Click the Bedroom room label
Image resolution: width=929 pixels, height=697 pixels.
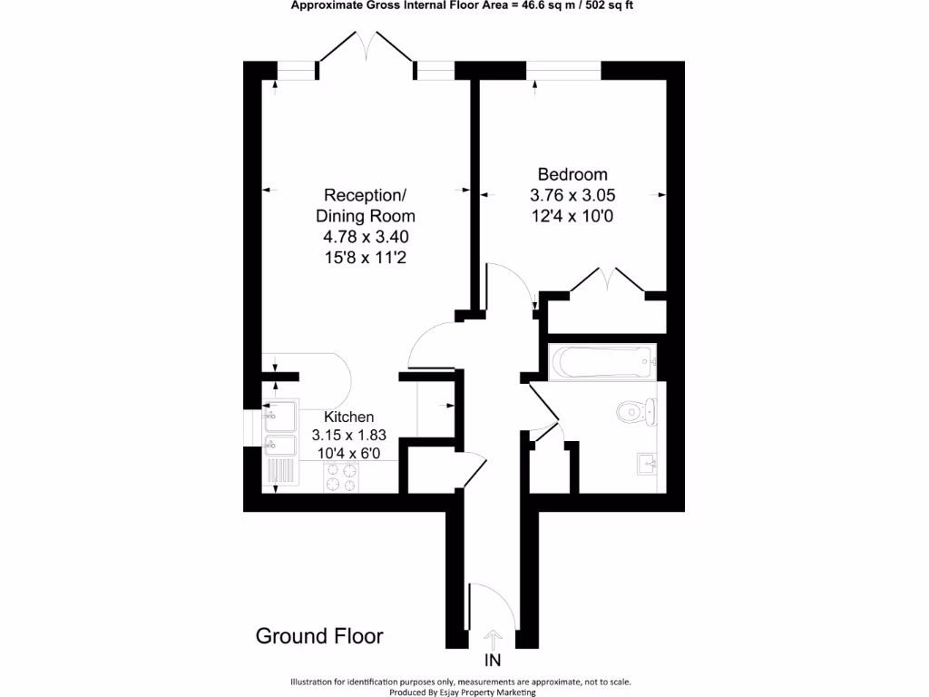pyautogui.click(x=572, y=174)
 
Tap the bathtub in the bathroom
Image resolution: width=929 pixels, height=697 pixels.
pyautogui.click(x=601, y=363)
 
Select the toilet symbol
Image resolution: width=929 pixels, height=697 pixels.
pyautogui.click(x=635, y=412)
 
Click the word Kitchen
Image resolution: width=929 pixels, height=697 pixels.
pyautogui.click(x=343, y=416)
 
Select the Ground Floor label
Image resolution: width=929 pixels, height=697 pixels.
pyautogui.click(x=319, y=636)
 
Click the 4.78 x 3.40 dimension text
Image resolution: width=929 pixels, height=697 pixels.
pyautogui.click(x=365, y=237)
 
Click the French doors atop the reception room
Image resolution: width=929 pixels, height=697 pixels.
pyautogui.click(x=367, y=50)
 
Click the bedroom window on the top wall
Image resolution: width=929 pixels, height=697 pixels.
pyautogui.click(x=564, y=70)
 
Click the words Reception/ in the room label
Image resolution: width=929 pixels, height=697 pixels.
pyautogui.click(x=365, y=195)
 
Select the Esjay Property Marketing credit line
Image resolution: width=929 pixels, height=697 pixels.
pyautogui.click(x=461, y=692)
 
